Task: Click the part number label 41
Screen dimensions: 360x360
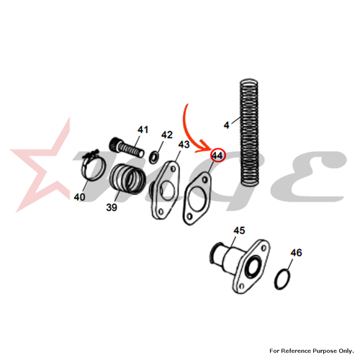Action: click(x=143, y=130)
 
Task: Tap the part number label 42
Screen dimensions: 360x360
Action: click(x=167, y=135)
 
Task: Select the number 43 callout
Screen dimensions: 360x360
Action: click(x=184, y=145)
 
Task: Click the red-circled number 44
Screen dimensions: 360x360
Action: click(x=217, y=156)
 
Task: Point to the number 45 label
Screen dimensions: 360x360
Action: click(x=239, y=230)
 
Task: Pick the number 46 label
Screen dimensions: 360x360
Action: click(x=296, y=253)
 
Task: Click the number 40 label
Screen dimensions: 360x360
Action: click(x=79, y=197)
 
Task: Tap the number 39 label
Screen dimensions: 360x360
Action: click(x=112, y=207)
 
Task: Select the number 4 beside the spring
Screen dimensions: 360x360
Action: click(x=226, y=125)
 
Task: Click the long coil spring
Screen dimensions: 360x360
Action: click(x=250, y=132)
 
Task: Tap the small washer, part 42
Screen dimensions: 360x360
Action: click(x=153, y=157)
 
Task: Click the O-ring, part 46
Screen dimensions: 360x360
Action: click(x=283, y=279)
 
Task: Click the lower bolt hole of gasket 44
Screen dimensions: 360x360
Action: click(x=189, y=217)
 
